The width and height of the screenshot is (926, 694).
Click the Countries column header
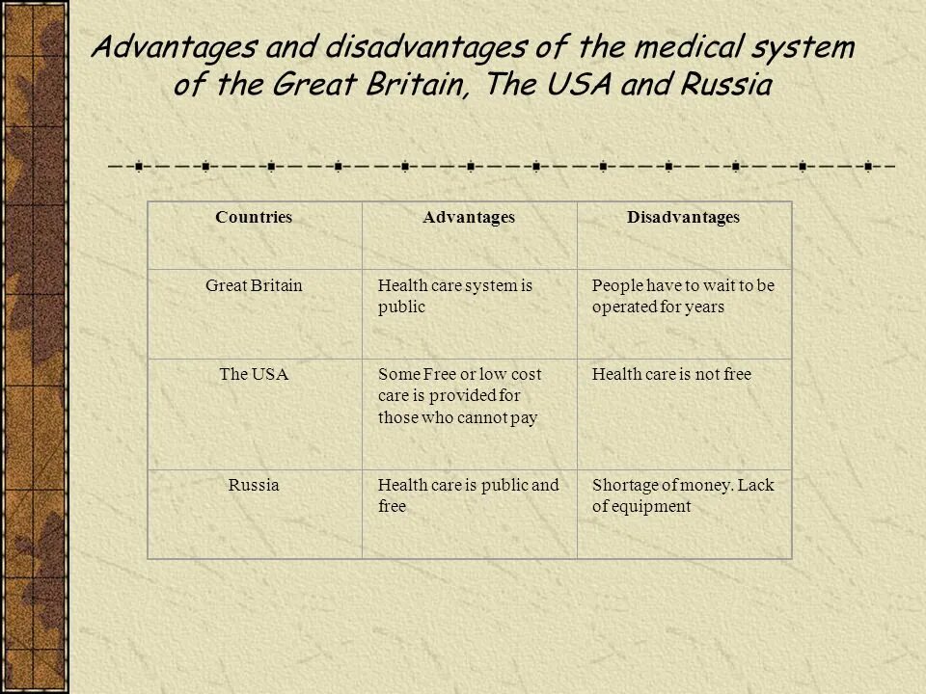click(x=254, y=218)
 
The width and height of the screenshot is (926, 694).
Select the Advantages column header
click(x=469, y=218)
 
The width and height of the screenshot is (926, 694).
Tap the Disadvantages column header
click(x=683, y=218)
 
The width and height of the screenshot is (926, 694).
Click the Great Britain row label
click(x=254, y=286)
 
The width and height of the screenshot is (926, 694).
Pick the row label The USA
click(x=254, y=374)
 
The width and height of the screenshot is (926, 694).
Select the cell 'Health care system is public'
click(x=455, y=296)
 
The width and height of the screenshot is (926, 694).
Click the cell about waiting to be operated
click(x=682, y=296)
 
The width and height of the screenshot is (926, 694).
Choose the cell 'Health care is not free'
click(x=670, y=374)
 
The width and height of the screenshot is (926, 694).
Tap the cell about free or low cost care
click(x=459, y=395)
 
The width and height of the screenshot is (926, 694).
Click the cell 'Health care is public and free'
click(x=468, y=495)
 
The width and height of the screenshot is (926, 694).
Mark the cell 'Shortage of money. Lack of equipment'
click(x=682, y=495)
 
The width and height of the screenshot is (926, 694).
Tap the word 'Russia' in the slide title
click(x=725, y=85)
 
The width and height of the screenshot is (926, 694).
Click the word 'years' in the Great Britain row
click(x=704, y=307)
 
